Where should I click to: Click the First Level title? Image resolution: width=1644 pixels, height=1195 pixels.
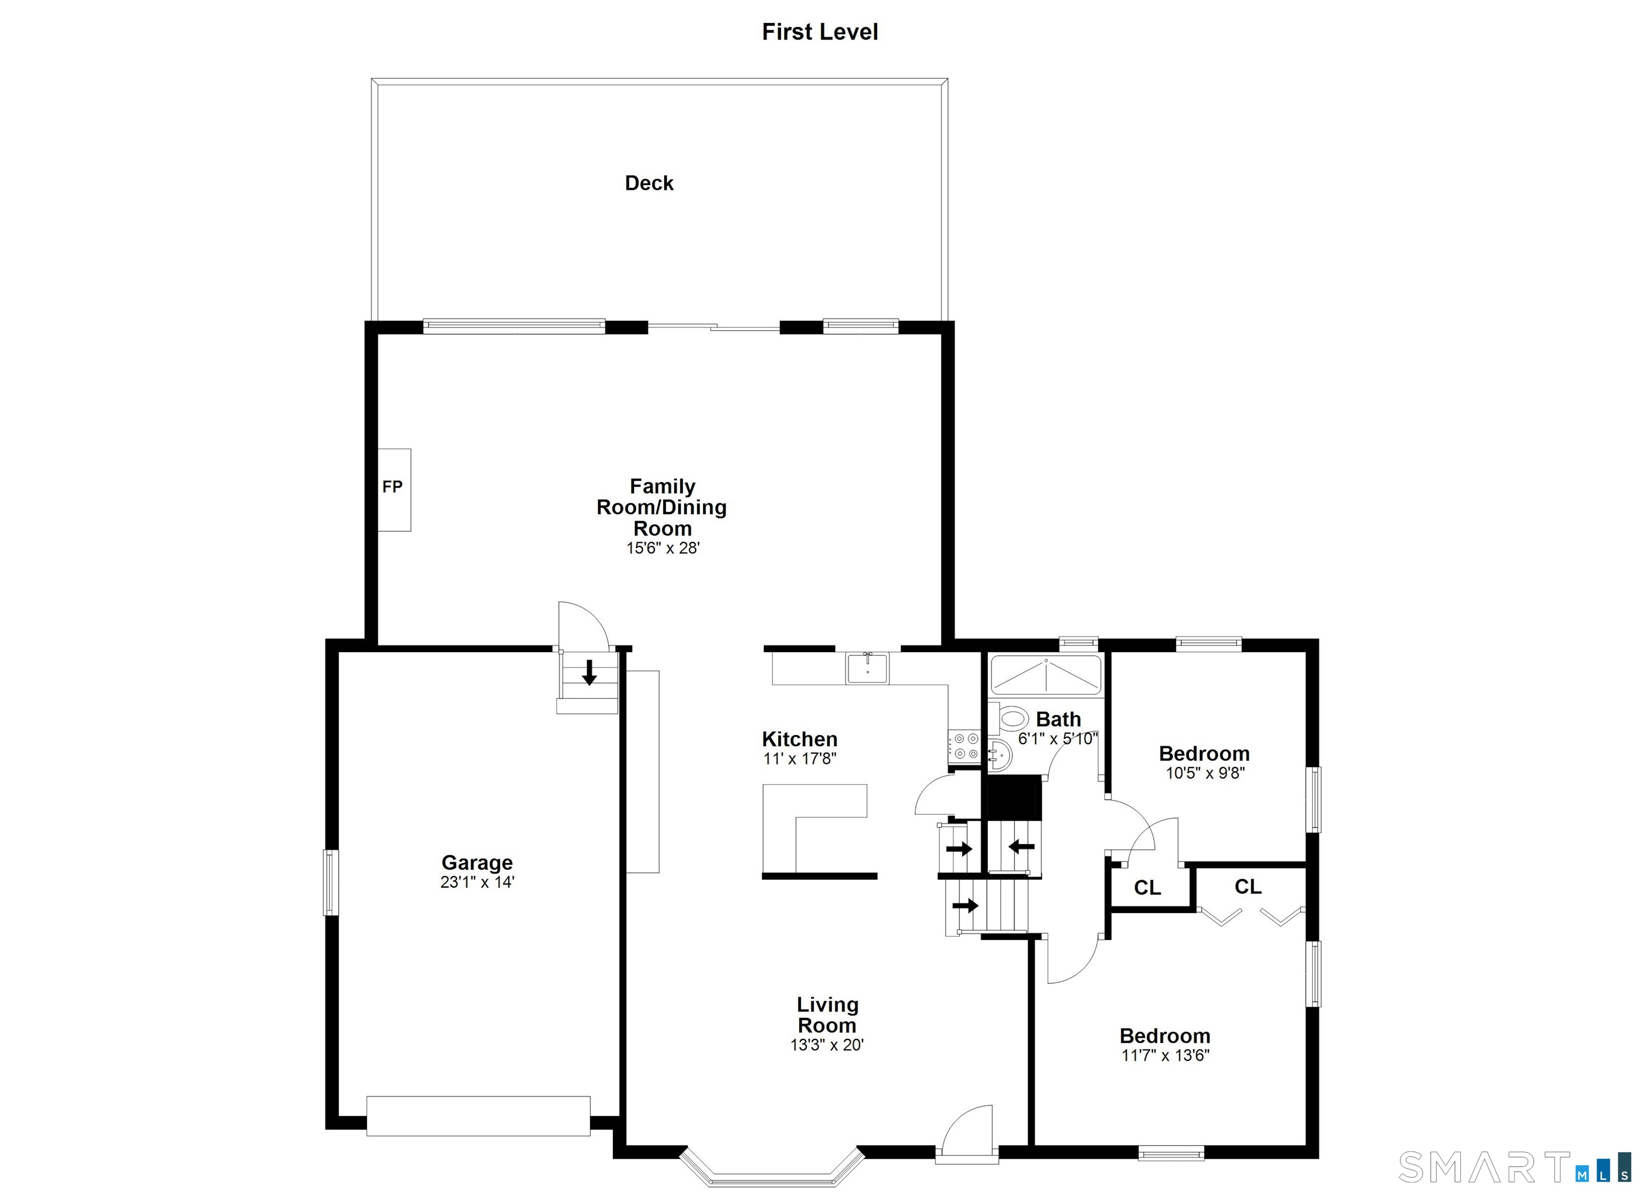820,32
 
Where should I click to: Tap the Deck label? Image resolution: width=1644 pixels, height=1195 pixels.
649,183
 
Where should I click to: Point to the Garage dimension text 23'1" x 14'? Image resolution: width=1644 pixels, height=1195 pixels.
477,882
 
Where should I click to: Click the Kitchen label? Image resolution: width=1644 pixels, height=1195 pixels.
800,739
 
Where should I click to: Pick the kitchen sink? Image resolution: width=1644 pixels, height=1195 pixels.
867,668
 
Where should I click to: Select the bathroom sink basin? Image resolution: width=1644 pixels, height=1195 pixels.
1000,756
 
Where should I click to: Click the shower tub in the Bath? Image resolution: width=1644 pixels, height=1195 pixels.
1046,675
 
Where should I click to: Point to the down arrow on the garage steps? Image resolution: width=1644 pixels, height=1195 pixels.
589,672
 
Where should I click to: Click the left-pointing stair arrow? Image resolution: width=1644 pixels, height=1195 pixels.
1021,846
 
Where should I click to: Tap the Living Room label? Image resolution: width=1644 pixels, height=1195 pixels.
827,1015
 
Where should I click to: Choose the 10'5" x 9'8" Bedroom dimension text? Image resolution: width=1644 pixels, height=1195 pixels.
1205,773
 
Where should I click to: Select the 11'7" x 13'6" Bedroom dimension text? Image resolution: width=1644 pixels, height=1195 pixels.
1165,1055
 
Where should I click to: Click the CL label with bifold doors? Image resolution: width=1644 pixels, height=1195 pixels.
1247,886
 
